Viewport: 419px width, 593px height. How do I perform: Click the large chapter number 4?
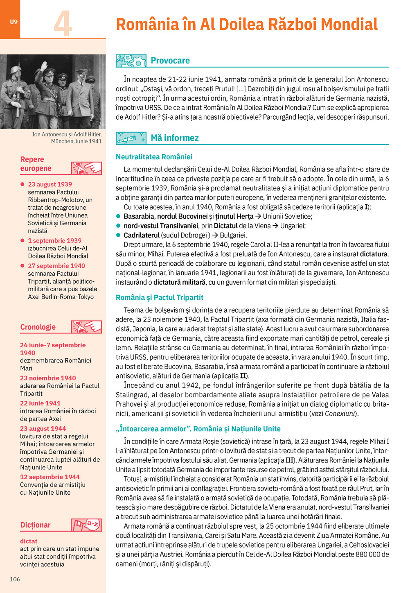(63, 23)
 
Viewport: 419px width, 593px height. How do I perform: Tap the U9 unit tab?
(14, 22)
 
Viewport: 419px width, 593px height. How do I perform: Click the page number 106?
(15, 579)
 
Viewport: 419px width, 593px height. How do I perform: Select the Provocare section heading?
(170, 61)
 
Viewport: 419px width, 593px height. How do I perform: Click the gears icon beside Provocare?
(131, 61)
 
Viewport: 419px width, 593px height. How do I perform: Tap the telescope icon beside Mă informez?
(131, 138)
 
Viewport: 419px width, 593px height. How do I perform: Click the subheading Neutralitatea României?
(154, 157)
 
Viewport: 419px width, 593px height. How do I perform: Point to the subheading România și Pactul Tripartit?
(159, 297)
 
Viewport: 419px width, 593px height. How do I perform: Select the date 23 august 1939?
(50, 184)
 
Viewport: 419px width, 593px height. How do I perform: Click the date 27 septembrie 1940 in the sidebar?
(56, 266)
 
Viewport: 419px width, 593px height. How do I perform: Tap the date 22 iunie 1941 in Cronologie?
(40, 403)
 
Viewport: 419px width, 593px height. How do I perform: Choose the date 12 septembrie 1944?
(50, 477)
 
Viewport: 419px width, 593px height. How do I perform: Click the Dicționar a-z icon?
(86, 525)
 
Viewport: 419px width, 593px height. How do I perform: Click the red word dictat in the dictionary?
(29, 541)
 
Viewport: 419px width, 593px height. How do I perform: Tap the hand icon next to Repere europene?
(86, 168)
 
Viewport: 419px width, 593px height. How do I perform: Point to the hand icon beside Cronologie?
(86, 327)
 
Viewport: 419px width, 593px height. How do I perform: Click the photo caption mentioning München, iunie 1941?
(67, 138)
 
